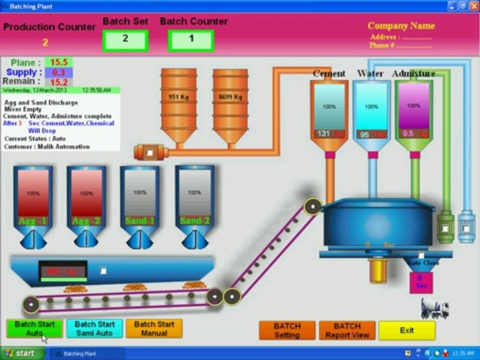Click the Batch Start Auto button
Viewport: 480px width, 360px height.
(34, 328)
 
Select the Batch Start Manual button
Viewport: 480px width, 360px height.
(154, 328)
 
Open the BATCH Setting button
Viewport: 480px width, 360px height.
(287, 330)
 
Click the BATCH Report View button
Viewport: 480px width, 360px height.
(347, 330)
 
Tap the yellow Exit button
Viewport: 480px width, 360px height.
(406, 330)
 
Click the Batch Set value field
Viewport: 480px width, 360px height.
(125, 40)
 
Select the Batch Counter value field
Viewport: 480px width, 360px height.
(191, 40)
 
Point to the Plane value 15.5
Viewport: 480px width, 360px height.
(58, 62)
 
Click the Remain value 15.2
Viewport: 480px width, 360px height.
(58, 82)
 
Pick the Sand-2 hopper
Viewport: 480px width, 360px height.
(194, 200)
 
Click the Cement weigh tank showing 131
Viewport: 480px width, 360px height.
(329, 112)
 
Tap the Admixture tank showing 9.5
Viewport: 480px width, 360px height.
(414, 112)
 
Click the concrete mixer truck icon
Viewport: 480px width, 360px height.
(434, 308)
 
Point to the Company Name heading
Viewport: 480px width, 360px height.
(401, 26)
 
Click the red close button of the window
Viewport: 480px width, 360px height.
(473, 6)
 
